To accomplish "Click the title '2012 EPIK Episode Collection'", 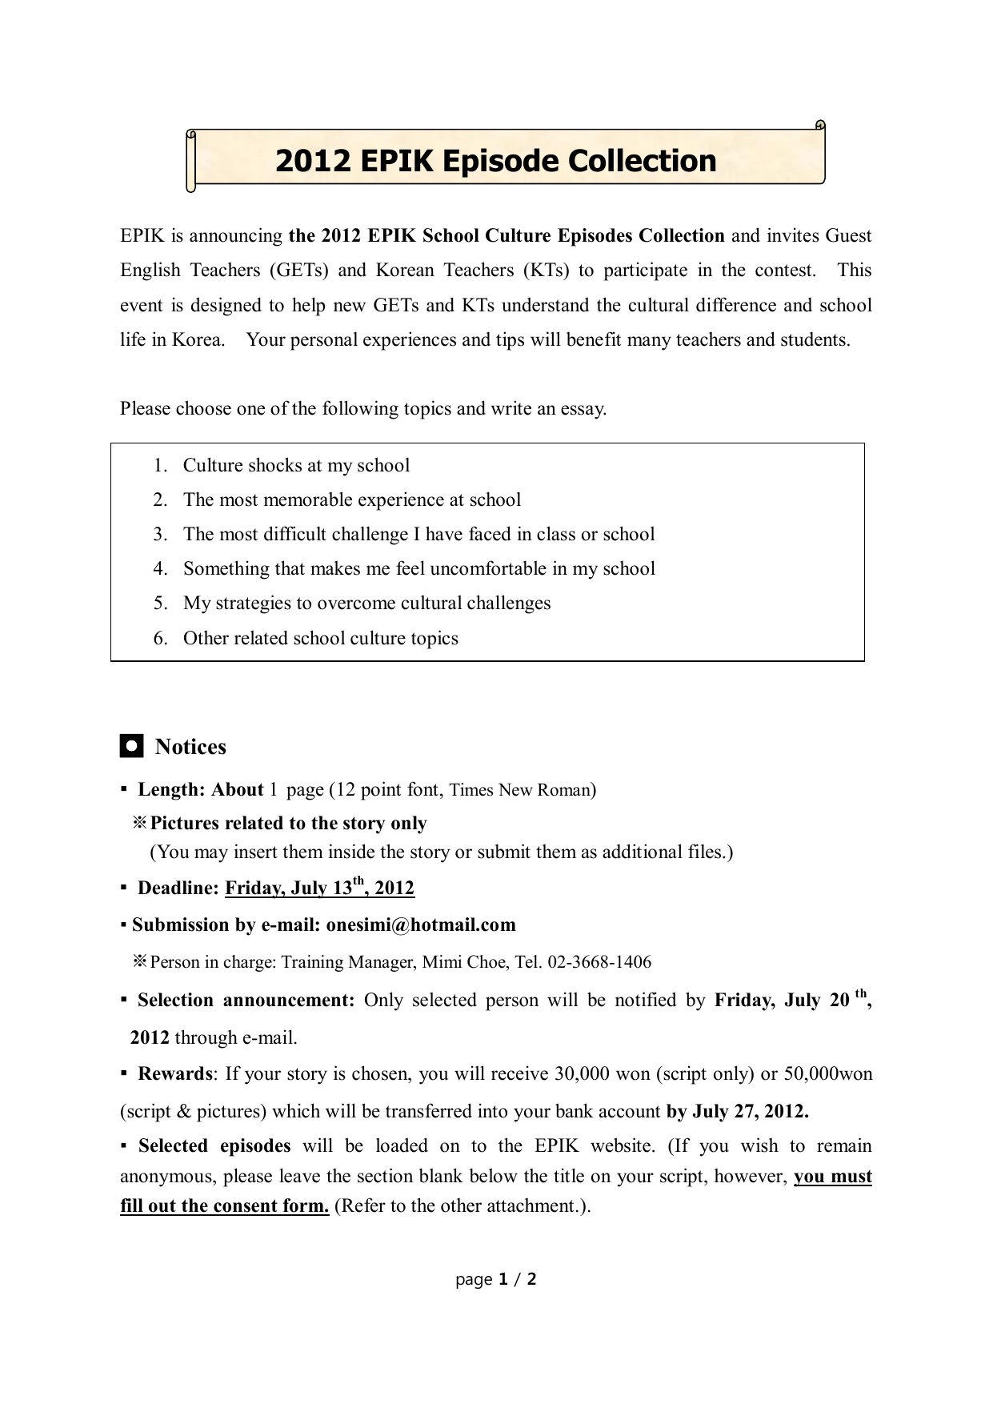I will (495, 161).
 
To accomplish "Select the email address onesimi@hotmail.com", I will (420, 925).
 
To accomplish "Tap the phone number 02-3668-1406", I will (599, 962).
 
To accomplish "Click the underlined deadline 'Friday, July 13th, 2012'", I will (319, 888).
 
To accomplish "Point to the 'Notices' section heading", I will (190, 747).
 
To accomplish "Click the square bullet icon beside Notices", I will (131, 746).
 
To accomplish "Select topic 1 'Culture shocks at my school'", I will (296, 466).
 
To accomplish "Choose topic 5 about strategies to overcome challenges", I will (366, 603).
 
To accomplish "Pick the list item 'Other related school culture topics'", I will (320, 638).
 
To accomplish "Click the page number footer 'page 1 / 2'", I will (496, 1279).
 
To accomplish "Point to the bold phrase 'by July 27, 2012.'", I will (737, 1111).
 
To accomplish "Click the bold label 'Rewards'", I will (175, 1073).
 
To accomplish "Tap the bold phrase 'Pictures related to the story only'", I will (288, 823).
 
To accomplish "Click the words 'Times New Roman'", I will (519, 790).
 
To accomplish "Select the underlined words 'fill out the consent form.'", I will (225, 1205).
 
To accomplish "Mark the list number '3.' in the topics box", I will (160, 534).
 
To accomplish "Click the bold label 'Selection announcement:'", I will (246, 1000).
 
